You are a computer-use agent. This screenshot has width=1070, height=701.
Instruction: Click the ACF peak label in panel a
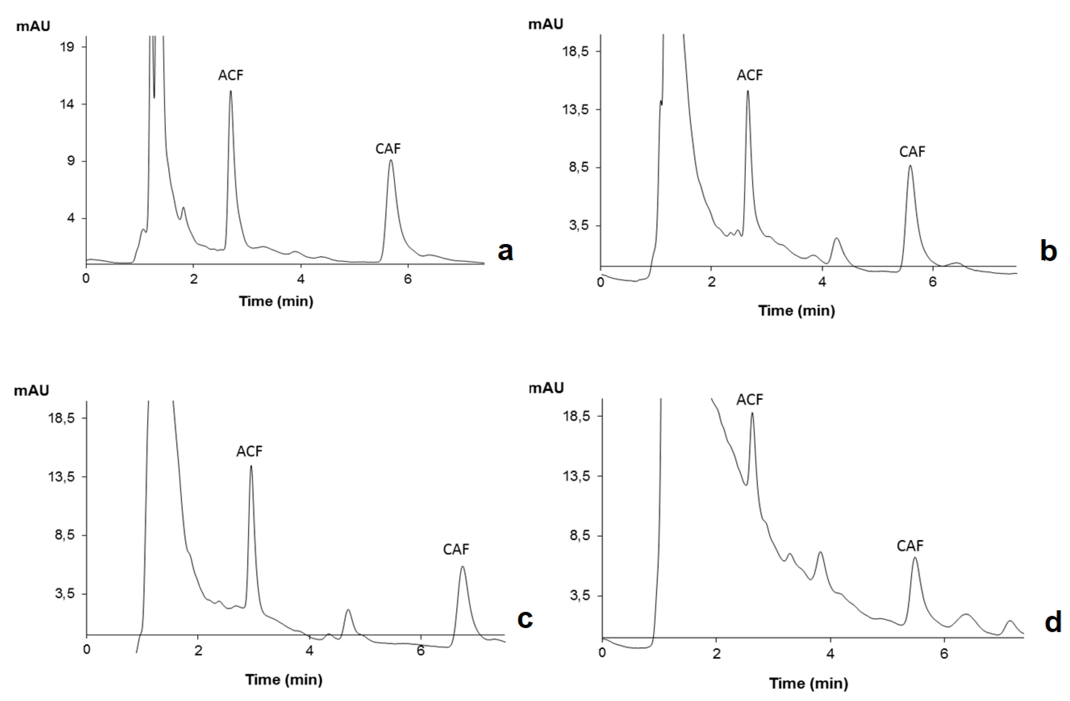click(x=231, y=75)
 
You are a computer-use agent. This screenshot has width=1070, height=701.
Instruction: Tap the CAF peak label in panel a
click(x=388, y=149)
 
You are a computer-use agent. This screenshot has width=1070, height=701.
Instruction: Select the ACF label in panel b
click(x=749, y=75)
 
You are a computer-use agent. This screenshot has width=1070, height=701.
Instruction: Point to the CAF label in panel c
click(x=456, y=549)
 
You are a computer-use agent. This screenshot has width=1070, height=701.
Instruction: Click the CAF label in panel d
click(x=910, y=546)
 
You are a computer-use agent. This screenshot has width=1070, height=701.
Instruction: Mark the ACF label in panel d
click(x=749, y=399)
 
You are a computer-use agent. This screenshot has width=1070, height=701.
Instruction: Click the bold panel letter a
click(x=505, y=251)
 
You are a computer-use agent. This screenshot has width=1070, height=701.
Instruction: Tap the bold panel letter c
click(x=525, y=619)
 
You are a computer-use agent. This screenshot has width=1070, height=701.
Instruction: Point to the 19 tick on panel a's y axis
click(x=67, y=47)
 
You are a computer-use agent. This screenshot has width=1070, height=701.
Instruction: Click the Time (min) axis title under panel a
click(x=276, y=301)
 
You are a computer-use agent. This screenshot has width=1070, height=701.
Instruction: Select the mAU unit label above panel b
click(x=545, y=24)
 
